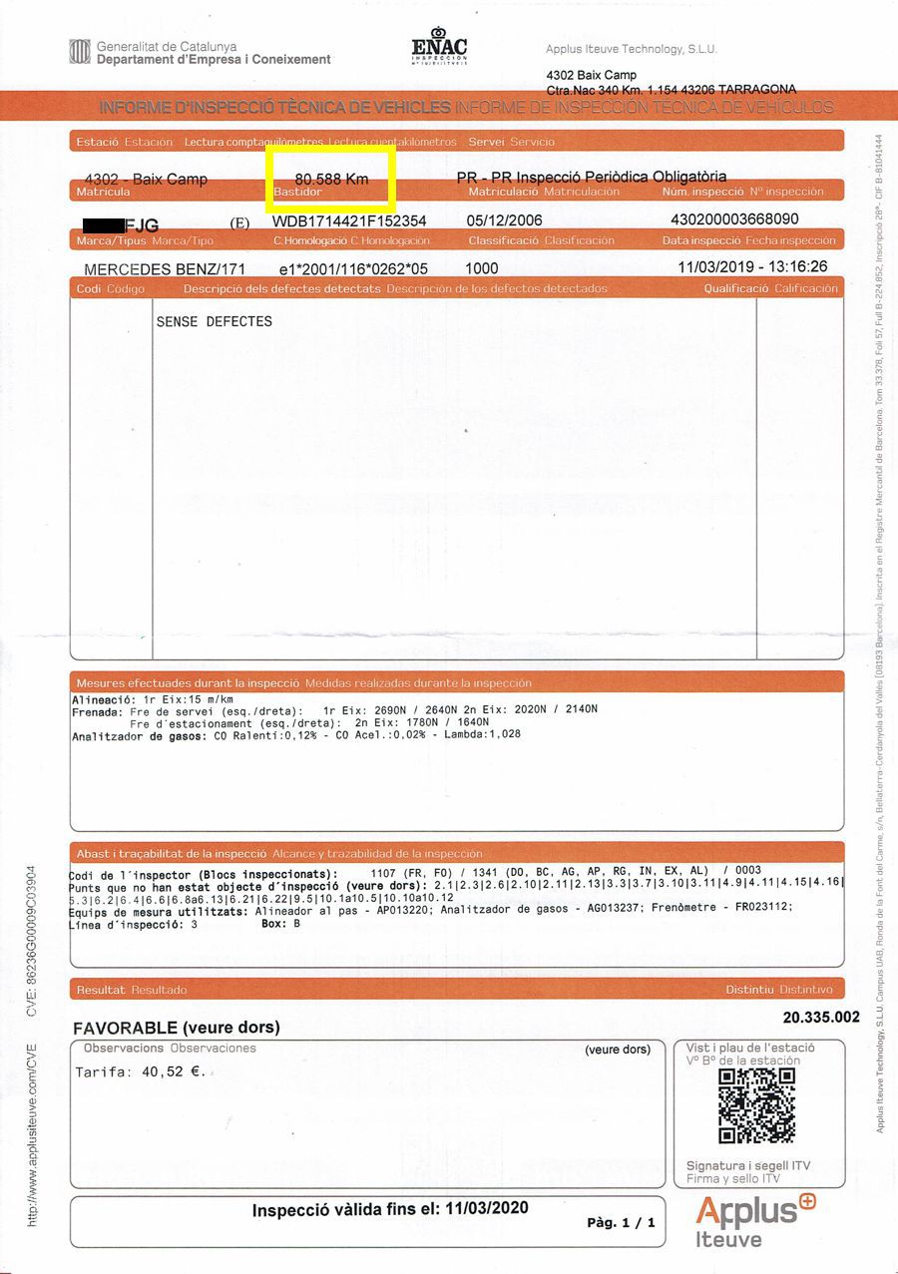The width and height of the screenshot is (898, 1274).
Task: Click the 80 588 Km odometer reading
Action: tap(331, 179)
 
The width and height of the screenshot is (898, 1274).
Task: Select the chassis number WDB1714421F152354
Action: tap(349, 220)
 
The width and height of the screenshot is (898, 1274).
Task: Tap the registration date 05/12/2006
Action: tap(504, 220)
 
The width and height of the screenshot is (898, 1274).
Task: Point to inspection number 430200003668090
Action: tap(734, 219)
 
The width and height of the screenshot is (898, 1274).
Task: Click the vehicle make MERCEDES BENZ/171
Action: tap(165, 269)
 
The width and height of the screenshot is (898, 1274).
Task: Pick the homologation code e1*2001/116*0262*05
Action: tap(353, 269)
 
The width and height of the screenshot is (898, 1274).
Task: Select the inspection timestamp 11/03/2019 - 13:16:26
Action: tap(752, 267)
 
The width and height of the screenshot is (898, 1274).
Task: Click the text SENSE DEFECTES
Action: tap(215, 321)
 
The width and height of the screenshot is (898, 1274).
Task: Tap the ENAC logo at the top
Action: tap(439, 47)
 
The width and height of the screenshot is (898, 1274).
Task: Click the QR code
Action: tap(756, 1105)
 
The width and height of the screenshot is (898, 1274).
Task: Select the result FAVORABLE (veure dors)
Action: tap(177, 1028)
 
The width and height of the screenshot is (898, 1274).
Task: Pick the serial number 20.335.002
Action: tap(821, 1018)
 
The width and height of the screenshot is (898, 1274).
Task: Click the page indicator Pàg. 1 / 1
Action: tap(621, 1222)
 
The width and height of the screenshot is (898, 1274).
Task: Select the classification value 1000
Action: tap(481, 269)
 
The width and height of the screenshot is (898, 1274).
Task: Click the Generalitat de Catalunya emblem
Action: tap(79, 51)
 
